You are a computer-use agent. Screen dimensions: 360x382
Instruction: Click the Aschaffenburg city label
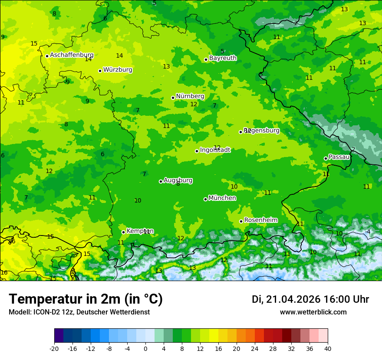pos(72,55)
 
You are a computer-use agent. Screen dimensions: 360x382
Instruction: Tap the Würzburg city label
pos(118,70)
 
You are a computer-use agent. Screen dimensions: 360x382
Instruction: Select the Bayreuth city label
pos(223,58)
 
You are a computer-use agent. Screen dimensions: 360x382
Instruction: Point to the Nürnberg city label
pos(190,96)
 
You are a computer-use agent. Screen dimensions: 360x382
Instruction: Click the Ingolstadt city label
pos(215,150)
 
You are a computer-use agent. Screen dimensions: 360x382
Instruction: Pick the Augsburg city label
pos(178,180)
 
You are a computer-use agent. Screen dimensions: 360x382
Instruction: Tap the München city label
pos(222,198)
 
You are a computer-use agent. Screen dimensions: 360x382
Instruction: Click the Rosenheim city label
pos(260,220)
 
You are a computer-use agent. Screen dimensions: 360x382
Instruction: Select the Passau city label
pos(339,157)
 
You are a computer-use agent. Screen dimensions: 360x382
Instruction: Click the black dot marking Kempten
pos(123,232)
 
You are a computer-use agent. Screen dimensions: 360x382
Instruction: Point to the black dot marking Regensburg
pos(240,132)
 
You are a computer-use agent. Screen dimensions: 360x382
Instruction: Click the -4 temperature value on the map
pos(368,232)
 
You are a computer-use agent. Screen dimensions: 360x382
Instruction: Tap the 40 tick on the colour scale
pos(328,349)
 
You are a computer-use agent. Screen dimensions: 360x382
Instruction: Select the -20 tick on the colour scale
pos(54,349)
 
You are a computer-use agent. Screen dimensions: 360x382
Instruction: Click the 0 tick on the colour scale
pos(145,349)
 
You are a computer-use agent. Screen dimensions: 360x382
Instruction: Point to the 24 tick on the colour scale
pos(255,349)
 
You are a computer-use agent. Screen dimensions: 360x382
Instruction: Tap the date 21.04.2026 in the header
pos(293,299)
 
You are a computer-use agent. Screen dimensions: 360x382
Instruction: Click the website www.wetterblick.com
pos(313,312)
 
